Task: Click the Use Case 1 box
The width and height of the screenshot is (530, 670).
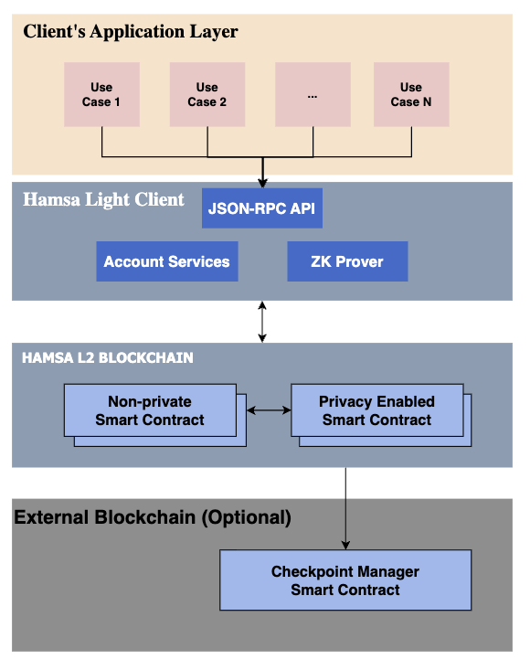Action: coord(101,94)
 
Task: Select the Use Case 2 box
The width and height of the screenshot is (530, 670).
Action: coord(207,94)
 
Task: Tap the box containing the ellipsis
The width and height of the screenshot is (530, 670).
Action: coord(313,94)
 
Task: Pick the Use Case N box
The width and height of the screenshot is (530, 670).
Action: coord(411,94)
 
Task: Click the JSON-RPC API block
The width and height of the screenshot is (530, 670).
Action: coord(261,208)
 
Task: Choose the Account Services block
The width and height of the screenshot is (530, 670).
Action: coord(167,261)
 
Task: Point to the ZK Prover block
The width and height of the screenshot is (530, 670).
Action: coord(347,261)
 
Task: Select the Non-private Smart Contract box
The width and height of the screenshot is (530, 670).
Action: coord(151,410)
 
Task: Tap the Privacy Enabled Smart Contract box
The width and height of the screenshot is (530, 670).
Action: coord(377,410)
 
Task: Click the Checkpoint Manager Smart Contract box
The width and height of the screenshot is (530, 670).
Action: coord(345,580)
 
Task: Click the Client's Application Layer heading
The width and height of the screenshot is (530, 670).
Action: coord(131,32)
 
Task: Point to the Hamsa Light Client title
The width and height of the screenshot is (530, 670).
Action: coord(103,199)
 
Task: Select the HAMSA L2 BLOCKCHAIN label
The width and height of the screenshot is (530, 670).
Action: coord(108,357)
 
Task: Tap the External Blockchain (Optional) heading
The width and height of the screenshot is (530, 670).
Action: coord(153,517)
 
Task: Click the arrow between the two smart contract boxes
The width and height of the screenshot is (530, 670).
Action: coord(269,410)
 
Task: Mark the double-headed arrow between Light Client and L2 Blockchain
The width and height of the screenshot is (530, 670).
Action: coord(262,322)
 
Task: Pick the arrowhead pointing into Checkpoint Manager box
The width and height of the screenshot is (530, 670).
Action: coord(345,545)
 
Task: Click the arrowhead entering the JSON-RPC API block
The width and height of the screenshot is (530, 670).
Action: coord(262,184)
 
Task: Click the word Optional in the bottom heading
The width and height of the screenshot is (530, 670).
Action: coord(247,517)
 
